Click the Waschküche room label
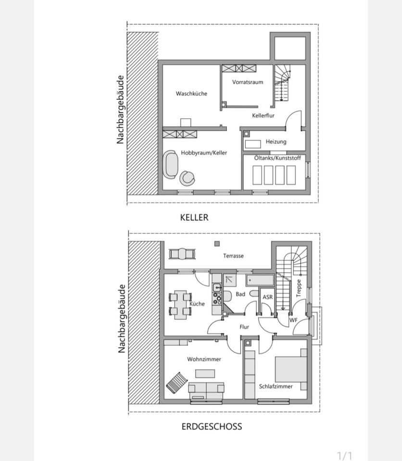click(191, 94)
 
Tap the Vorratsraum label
click(248, 82)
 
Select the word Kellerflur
click(264, 116)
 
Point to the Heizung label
click(276, 142)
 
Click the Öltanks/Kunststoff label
click(275, 158)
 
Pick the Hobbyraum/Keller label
click(204, 153)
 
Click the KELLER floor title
click(194, 218)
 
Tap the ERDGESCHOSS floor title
click(212, 426)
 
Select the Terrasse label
click(233, 256)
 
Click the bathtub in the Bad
click(260, 280)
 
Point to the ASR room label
click(268, 297)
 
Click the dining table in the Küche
click(180, 303)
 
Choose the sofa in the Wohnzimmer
click(206, 388)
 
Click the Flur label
click(244, 327)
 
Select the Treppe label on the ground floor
click(299, 288)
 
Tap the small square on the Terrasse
click(217, 244)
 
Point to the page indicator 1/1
click(345, 455)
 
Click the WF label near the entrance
click(293, 320)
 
